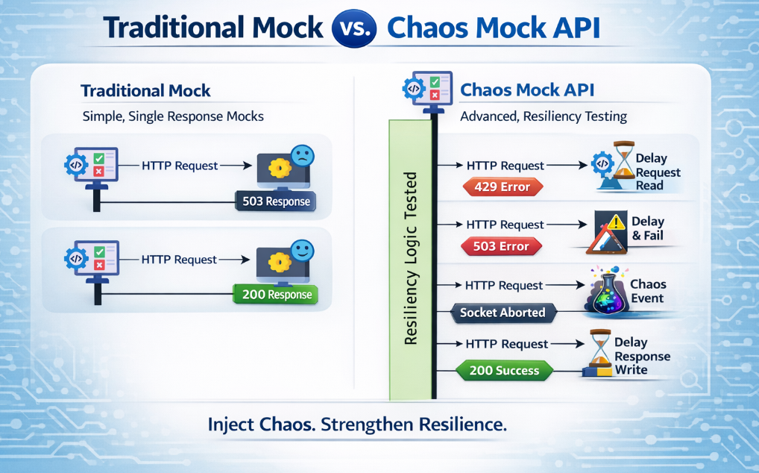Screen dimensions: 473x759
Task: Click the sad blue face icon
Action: point(302,155)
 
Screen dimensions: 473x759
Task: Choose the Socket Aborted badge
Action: point(503,313)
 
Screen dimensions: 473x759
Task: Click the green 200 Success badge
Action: point(503,369)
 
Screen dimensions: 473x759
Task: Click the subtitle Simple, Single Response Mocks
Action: point(172,116)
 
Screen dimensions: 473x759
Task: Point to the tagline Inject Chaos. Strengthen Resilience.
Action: point(357,425)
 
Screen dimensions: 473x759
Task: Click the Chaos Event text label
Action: point(647,291)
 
